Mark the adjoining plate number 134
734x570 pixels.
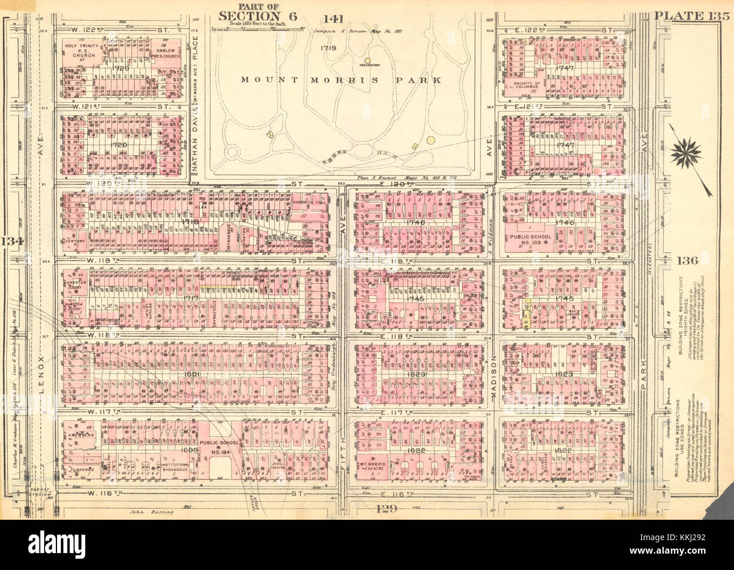pos(10,242)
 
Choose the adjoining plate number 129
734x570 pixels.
pos(386,508)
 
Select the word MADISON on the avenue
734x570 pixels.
pos(492,372)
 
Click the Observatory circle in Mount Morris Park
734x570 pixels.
pos(367,60)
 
